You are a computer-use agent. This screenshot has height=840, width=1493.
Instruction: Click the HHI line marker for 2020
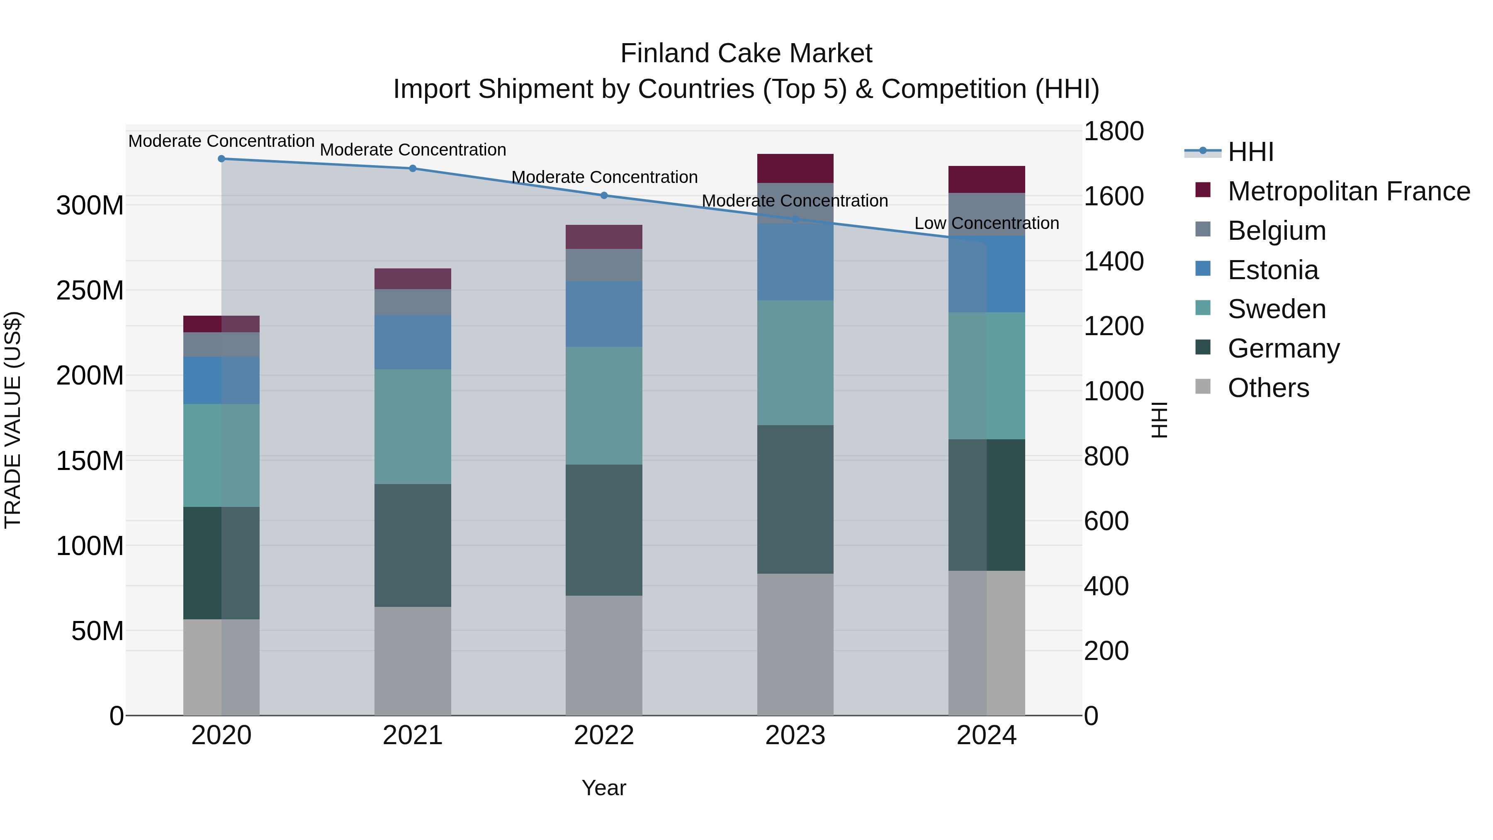(221, 158)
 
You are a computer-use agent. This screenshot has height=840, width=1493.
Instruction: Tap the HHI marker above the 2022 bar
(604, 195)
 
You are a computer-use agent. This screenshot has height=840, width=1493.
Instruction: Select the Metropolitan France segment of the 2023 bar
(795, 168)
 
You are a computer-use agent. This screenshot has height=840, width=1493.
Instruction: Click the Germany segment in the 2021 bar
(413, 545)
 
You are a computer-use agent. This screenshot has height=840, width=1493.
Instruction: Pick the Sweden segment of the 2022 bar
(604, 405)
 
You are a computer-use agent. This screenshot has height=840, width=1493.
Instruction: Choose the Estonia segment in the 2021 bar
(413, 342)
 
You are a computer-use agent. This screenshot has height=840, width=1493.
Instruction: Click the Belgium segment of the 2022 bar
(604, 265)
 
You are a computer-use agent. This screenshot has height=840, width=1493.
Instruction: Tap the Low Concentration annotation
(987, 223)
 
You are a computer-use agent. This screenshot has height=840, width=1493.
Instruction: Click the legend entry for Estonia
(1273, 270)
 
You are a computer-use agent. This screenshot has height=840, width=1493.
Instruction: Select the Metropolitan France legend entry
(1348, 191)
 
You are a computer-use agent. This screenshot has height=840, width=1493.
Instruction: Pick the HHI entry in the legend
(1250, 152)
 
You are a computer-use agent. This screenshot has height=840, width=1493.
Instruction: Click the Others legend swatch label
(1268, 388)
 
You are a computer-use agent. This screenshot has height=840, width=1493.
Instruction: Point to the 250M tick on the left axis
(90, 290)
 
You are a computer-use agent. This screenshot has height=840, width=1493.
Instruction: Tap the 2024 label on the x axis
(987, 735)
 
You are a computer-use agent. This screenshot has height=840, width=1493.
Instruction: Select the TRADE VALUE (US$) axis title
(13, 420)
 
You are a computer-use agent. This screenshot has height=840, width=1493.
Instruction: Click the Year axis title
(604, 788)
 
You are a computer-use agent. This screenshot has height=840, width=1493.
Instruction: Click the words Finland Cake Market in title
(746, 54)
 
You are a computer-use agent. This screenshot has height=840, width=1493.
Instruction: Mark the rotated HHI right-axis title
(1159, 420)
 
